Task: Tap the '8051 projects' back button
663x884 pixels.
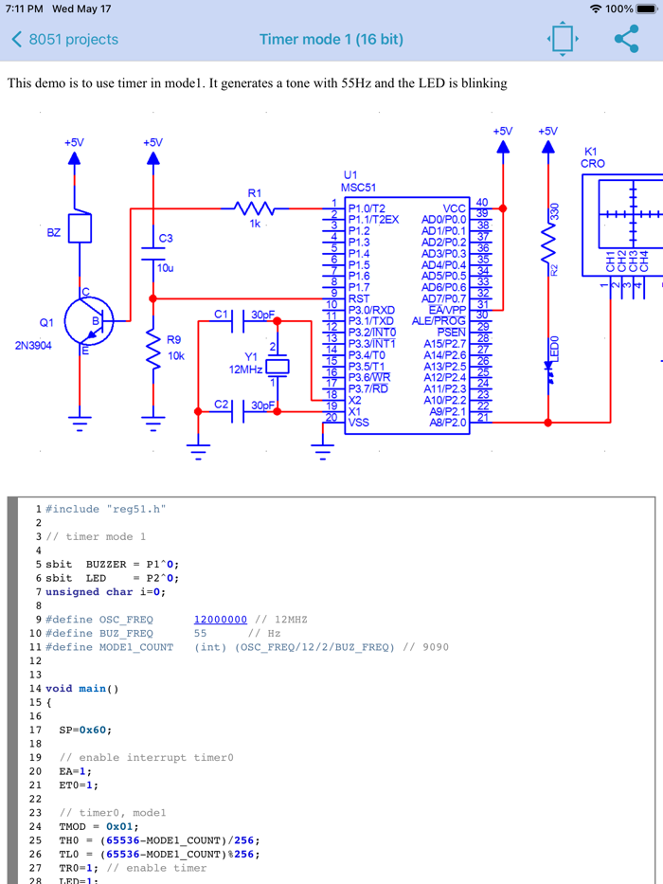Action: click(x=64, y=40)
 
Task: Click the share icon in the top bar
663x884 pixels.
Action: click(x=626, y=40)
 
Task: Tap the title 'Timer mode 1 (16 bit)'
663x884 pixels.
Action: click(x=331, y=40)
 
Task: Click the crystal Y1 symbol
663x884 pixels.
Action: click(x=276, y=367)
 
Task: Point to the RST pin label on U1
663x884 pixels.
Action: click(x=359, y=298)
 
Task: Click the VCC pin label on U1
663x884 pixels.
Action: click(x=454, y=208)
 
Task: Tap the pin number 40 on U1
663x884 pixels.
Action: click(x=482, y=203)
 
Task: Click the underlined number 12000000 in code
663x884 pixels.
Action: click(x=220, y=620)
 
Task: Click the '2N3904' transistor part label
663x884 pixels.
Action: click(x=35, y=345)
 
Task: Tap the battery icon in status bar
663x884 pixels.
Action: click(x=647, y=9)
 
